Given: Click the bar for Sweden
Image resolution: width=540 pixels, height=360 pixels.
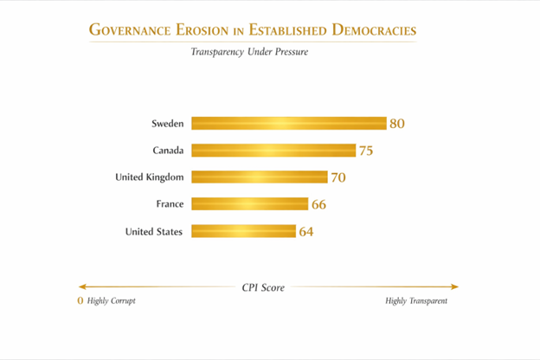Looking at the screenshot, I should click(x=288, y=123).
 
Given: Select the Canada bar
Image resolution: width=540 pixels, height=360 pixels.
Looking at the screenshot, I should click(x=273, y=151).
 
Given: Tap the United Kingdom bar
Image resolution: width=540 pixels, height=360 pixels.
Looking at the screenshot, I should click(x=259, y=177).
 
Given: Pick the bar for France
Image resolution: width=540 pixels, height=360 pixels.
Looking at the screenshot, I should click(x=249, y=204).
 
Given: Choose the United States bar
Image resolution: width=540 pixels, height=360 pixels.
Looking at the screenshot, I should click(x=243, y=231).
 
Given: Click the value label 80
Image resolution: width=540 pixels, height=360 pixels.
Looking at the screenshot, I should click(x=397, y=124).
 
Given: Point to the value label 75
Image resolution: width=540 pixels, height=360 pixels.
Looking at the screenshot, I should click(x=366, y=151).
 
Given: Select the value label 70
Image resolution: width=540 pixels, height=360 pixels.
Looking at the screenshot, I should click(x=338, y=177).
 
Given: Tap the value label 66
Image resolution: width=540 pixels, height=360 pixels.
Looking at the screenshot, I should click(x=318, y=205).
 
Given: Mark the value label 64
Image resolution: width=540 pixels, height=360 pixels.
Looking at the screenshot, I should click(x=305, y=232).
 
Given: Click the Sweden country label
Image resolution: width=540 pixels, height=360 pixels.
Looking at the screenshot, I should click(x=167, y=124).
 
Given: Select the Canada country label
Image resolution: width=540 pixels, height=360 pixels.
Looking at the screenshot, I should click(x=168, y=151).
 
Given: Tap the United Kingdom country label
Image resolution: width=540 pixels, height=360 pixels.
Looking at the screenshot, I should click(x=149, y=177).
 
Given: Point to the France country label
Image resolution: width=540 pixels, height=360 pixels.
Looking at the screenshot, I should click(x=169, y=204).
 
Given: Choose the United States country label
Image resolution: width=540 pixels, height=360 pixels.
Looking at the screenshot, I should click(x=154, y=231).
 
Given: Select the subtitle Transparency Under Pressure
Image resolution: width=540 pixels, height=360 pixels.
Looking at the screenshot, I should click(x=249, y=52).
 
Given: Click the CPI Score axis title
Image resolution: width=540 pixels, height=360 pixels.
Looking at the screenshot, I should click(x=263, y=287).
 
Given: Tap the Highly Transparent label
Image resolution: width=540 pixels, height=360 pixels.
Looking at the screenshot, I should click(x=416, y=301).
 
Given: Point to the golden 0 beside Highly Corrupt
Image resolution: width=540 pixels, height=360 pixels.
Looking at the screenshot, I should click(x=80, y=301).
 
